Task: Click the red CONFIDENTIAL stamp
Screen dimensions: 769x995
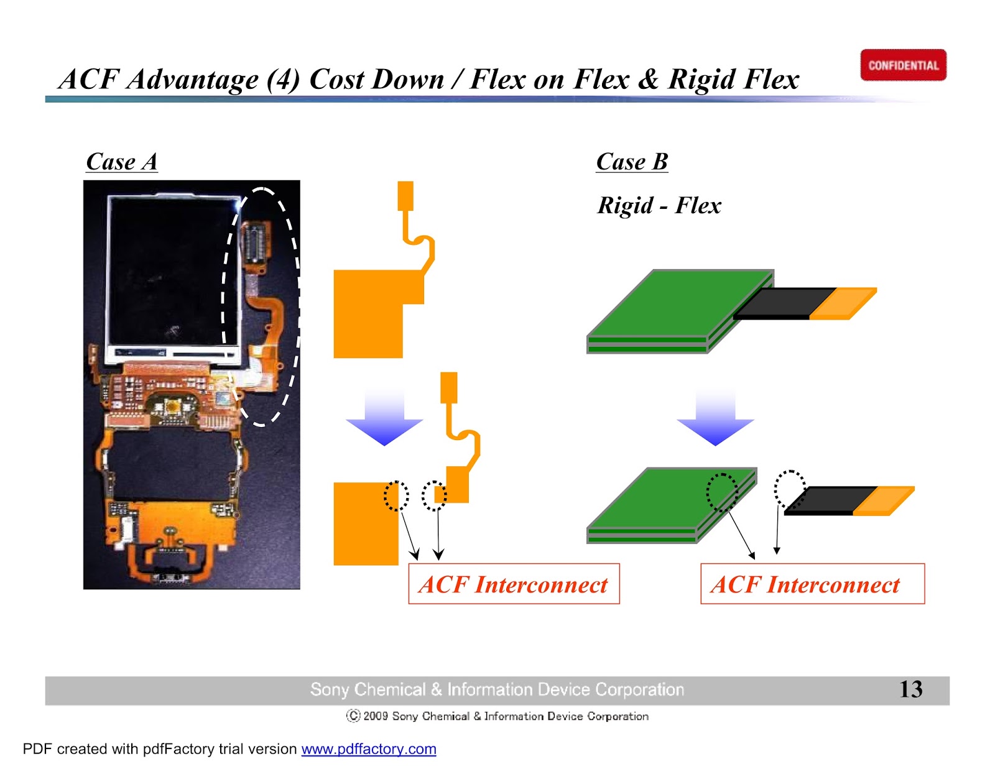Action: [x=903, y=65]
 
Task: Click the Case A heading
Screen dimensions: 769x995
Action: [x=122, y=162]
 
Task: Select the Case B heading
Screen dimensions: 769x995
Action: [x=632, y=162]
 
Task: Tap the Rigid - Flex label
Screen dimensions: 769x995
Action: [x=659, y=205]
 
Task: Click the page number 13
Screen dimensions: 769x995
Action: [x=910, y=689]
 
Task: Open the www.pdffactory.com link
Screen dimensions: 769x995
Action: [x=368, y=749]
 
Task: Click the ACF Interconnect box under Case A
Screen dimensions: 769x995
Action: [x=514, y=584]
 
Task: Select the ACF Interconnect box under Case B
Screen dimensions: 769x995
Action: [x=812, y=584]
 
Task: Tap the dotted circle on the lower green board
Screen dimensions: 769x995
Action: [x=722, y=492]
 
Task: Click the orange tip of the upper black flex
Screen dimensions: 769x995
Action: [x=844, y=303]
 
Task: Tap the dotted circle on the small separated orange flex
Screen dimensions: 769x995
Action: [x=434, y=495]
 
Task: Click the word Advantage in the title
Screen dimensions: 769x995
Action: [x=193, y=79]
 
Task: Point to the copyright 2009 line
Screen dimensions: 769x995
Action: [x=497, y=716]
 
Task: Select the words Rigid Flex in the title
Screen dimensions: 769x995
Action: [x=734, y=79]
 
